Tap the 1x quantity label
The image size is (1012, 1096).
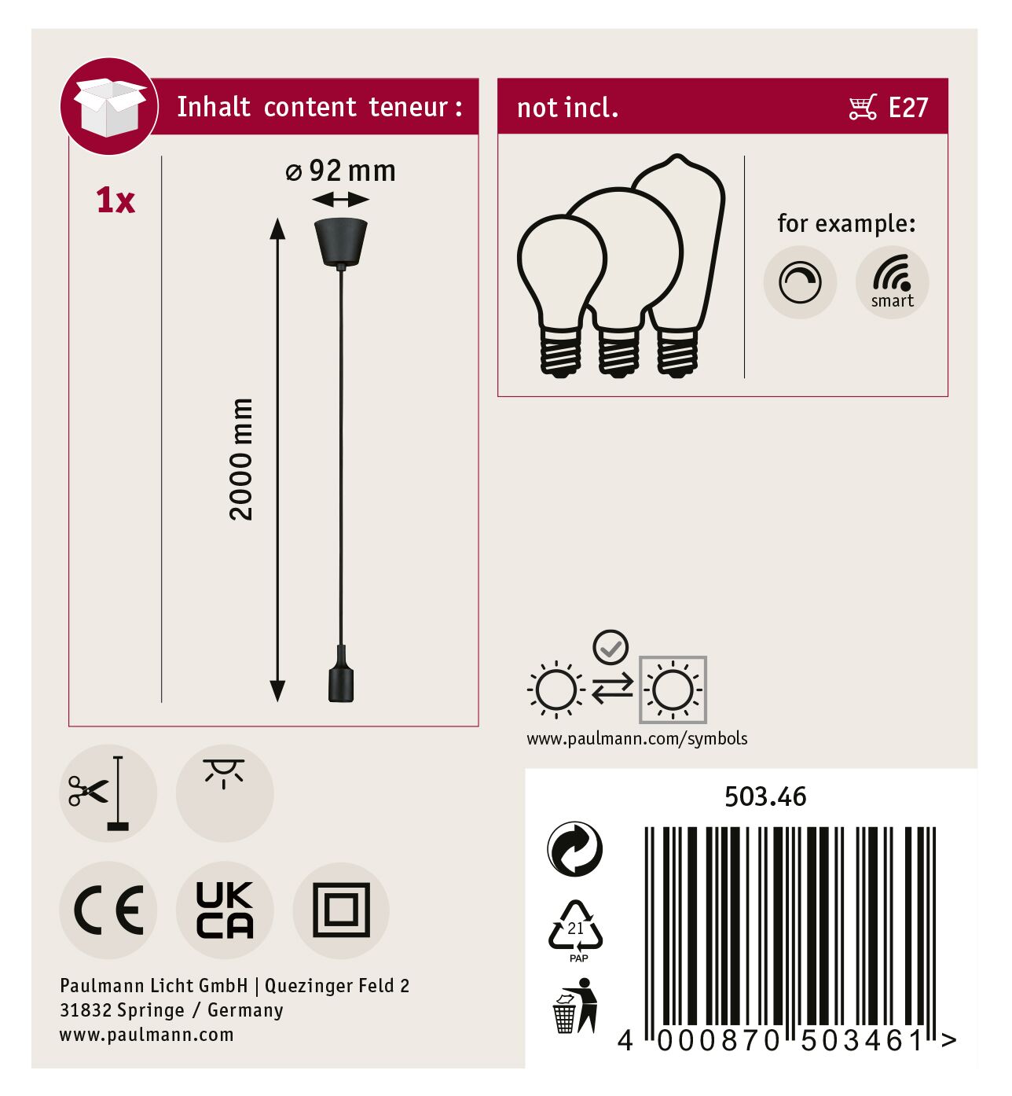point(115,200)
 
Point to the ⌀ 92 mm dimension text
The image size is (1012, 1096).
point(340,171)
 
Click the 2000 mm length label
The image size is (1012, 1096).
point(241,459)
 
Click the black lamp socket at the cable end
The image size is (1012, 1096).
point(341,675)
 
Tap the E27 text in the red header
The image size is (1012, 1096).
point(907,108)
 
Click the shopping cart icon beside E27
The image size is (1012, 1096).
point(863,107)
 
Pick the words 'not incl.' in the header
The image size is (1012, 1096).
point(567,108)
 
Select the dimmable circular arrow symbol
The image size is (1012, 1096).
point(800,282)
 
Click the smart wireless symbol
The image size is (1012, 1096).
point(892,281)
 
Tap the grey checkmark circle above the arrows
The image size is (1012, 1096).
point(610,647)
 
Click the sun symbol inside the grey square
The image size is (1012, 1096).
point(673,690)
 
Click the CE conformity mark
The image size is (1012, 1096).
point(108,910)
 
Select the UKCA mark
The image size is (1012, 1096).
point(225,910)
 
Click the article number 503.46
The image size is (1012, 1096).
point(765,797)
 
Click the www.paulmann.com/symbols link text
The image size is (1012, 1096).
point(637,739)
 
